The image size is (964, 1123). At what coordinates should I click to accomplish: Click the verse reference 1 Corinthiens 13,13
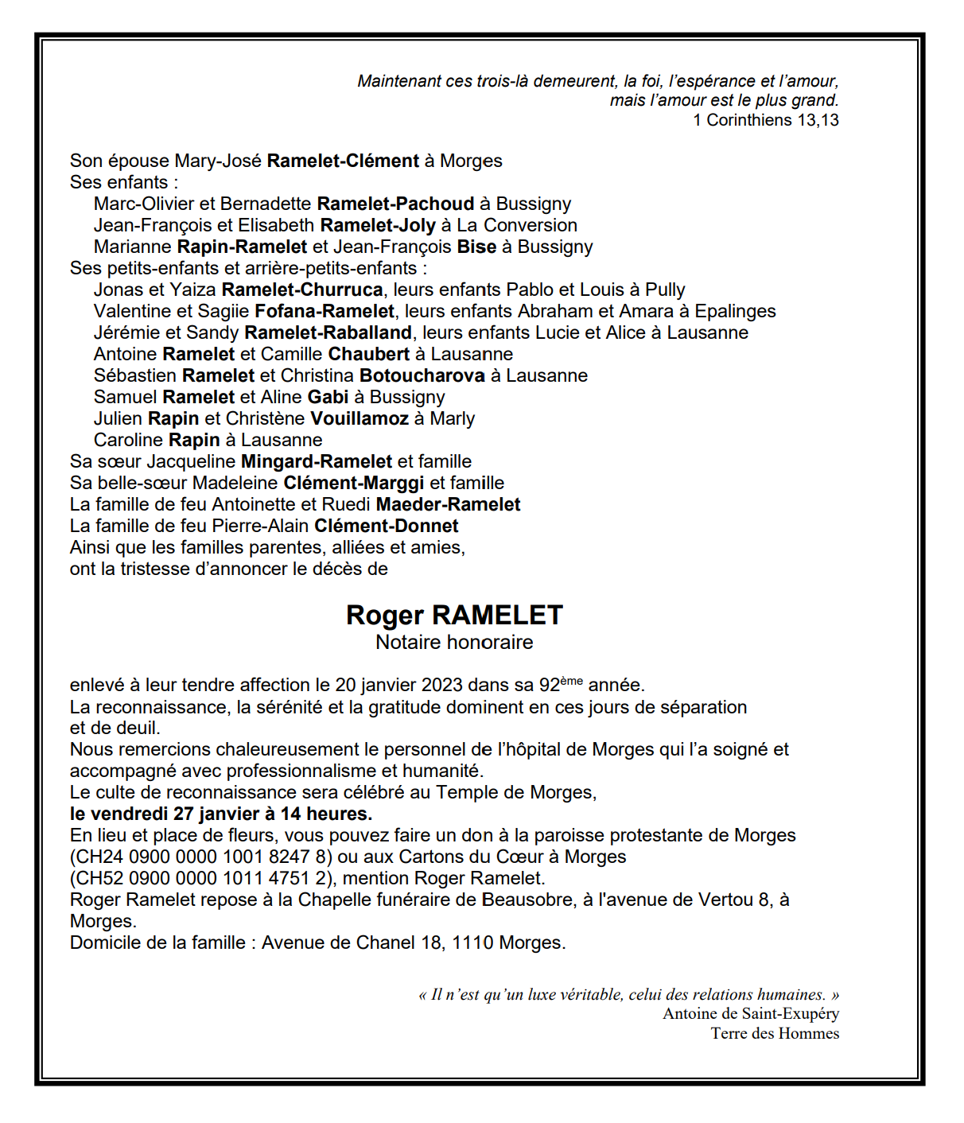[x=766, y=120]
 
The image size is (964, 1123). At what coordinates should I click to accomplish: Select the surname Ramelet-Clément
[x=343, y=161]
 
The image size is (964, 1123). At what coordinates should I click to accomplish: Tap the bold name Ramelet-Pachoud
[x=395, y=204]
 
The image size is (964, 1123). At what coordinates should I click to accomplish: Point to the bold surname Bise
[x=476, y=247]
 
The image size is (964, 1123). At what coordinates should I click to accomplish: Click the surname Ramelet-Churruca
[x=302, y=290]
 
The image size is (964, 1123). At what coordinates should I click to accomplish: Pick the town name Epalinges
[x=735, y=312]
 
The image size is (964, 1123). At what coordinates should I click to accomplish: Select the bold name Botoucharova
[x=422, y=376]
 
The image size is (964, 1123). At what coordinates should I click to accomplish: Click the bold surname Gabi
[x=328, y=398]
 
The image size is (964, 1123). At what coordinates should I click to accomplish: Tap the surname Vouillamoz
[x=360, y=419]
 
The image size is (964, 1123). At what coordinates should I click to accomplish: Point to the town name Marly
[x=452, y=419]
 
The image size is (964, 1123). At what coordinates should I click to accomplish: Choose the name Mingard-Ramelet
[x=317, y=462]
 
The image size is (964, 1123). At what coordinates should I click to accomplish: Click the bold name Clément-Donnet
[x=387, y=527]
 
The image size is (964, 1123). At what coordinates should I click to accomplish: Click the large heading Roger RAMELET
[x=454, y=615]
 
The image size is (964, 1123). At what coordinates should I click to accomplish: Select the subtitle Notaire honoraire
[x=454, y=643]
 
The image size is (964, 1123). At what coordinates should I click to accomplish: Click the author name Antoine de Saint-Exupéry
[x=751, y=1014]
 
